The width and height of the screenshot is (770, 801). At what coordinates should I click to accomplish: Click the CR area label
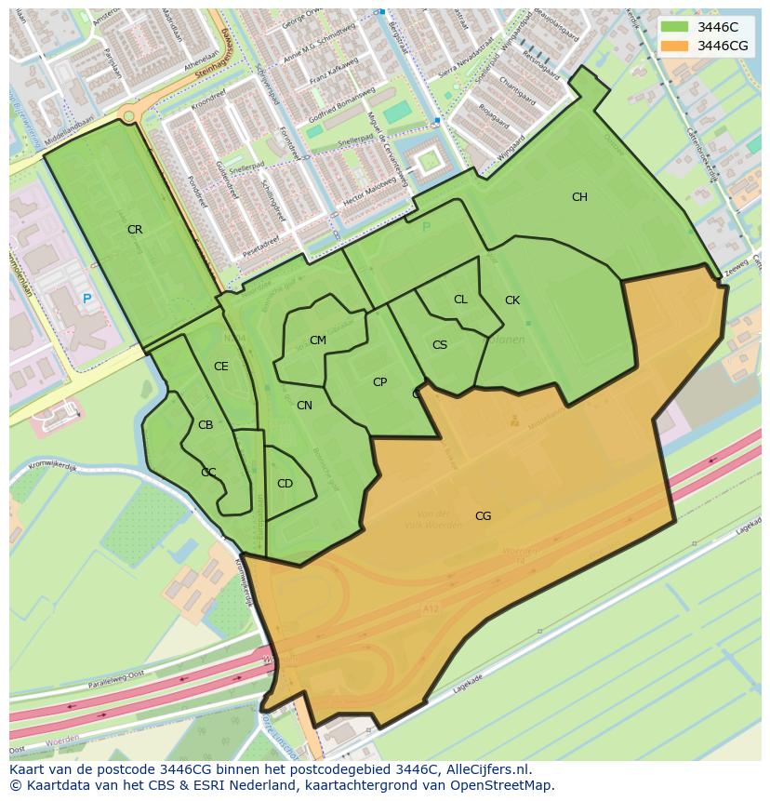point(135,230)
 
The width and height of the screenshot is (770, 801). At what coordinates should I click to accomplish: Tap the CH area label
point(579,197)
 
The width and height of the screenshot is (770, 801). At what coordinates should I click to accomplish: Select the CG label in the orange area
point(483,516)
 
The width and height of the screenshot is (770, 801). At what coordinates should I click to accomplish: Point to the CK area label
point(512,300)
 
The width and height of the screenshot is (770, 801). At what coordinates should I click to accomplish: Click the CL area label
point(460,300)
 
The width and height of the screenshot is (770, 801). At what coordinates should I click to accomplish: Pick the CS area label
point(440,345)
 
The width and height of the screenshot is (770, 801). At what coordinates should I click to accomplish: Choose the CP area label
point(379,382)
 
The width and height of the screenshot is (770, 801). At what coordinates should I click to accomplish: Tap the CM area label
point(318,340)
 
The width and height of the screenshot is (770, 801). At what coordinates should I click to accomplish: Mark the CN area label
point(304,406)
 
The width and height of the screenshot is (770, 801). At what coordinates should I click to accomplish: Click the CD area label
point(285,484)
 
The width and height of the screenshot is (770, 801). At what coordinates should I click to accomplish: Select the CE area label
point(220,367)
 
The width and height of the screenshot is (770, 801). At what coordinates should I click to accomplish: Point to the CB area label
point(206,425)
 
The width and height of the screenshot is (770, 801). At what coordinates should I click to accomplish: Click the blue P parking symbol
point(86,299)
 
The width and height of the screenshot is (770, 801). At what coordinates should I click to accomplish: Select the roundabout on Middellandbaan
point(128,113)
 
